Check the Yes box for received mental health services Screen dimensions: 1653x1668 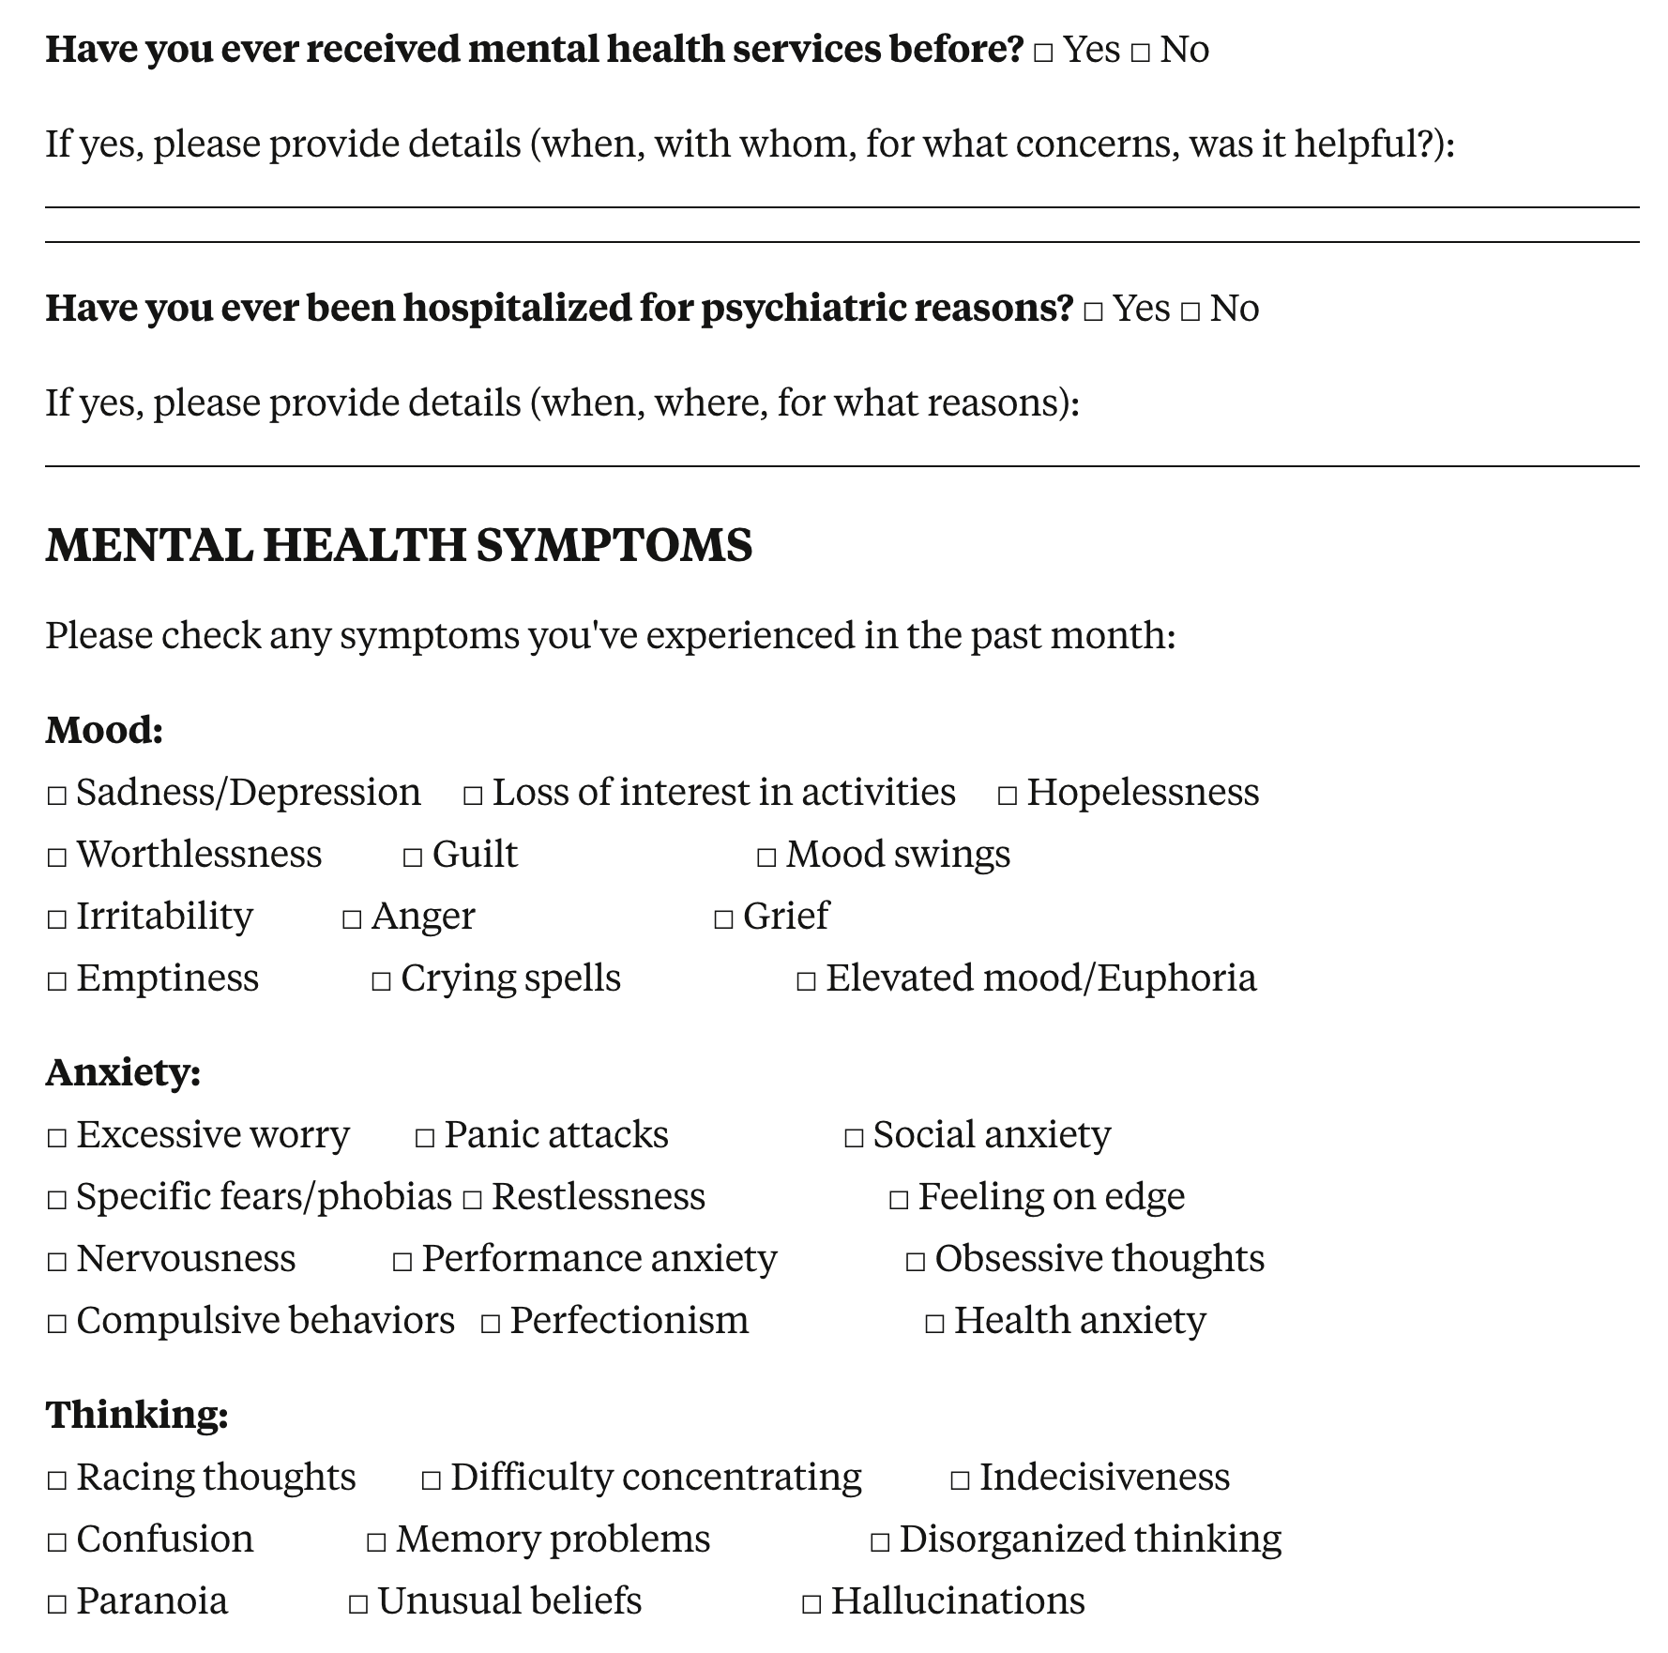tap(1043, 53)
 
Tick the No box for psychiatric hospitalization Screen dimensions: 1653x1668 tap(1190, 311)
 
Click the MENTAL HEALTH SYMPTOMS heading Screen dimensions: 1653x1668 tap(399, 545)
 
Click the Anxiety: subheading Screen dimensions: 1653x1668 tap(123, 1072)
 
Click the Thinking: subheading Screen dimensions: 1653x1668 tap(137, 1415)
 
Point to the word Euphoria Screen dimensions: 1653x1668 tap(1176, 978)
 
